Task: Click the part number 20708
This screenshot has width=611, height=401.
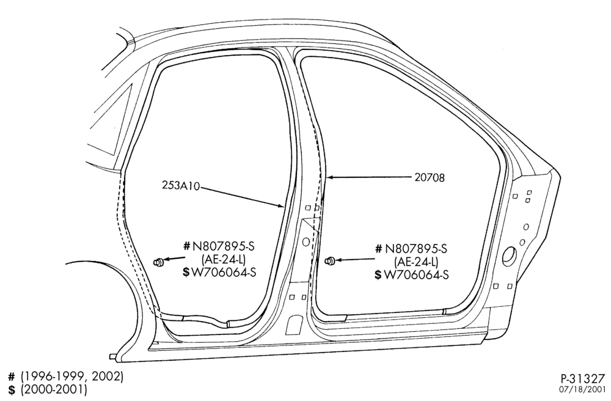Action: [x=429, y=178]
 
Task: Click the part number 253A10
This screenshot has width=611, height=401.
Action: [x=181, y=185]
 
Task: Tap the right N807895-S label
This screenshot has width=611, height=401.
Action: [x=416, y=249]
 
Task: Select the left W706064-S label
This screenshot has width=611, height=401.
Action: [x=223, y=272]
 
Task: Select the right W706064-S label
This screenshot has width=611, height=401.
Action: [x=416, y=274]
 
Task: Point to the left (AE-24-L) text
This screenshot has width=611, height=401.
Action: [x=224, y=259]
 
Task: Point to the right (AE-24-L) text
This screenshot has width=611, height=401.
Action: [x=416, y=262]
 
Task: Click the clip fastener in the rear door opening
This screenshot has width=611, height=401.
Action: [x=158, y=262]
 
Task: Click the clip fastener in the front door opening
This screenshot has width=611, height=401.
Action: [x=330, y=260]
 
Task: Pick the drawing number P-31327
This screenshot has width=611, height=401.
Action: [x=584, y=378]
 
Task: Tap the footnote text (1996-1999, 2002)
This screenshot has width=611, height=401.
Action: [x=72, y=377]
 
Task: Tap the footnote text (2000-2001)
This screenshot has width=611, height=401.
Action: [x=54, y=389]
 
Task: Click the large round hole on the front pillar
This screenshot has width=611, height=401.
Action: [x=510, y=256]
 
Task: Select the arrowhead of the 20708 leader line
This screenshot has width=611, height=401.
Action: [x=330, y=178]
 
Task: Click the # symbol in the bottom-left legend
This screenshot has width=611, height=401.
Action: [x=12, y=377]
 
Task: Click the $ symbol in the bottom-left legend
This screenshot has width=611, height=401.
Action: [x=12, y=389]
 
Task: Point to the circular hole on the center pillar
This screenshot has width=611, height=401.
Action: [x=306, y=242]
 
